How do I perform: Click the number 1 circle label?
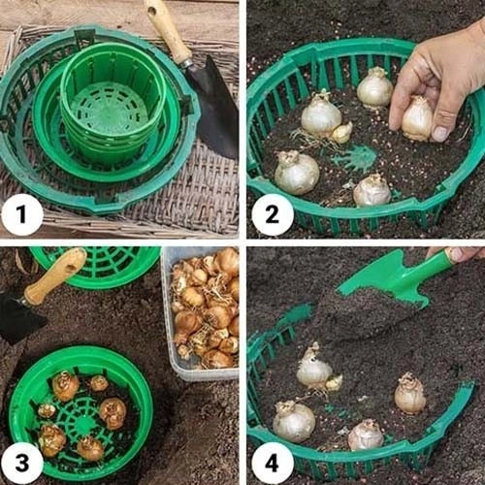(x=22, y=214)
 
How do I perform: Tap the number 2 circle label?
(x=273, y=214)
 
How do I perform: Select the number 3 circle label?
(x=22, y=463)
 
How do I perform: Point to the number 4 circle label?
(x=273, y=463)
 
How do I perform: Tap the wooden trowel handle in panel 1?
(x=167, y=31)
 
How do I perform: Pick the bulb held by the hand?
(x=417, y=118)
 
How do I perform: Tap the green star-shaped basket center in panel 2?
(x=356, y=158)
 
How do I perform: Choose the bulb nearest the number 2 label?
(x=297, y=173)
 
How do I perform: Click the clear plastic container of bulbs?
(x=201, y=312)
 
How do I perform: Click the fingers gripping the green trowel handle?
(x=459, y=254)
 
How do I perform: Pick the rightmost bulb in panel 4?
(x=410, y=394)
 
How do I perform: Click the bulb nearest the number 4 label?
(x=294, y=422)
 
